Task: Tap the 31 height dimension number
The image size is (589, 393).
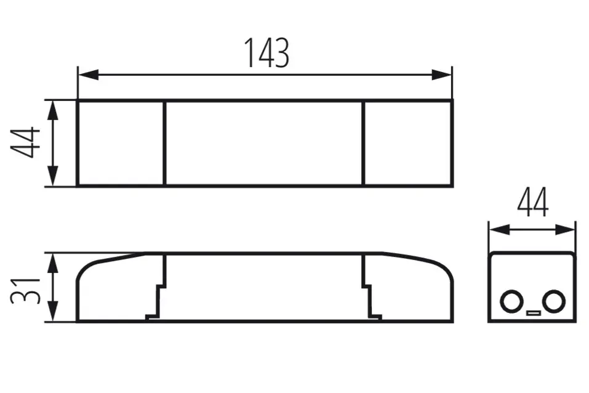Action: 25,288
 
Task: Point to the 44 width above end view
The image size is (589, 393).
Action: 532,203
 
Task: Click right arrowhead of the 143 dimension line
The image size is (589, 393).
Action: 441,75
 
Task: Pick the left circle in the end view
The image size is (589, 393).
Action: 511,302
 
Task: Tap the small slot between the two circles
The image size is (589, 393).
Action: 532,312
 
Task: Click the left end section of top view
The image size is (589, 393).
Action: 121,143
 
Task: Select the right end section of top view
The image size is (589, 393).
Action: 407,143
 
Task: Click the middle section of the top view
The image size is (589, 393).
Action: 264,143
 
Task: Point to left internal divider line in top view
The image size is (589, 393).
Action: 165,143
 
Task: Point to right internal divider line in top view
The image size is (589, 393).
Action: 363,143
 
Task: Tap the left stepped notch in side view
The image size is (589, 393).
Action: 157,302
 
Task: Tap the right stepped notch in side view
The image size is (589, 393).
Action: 371,302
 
